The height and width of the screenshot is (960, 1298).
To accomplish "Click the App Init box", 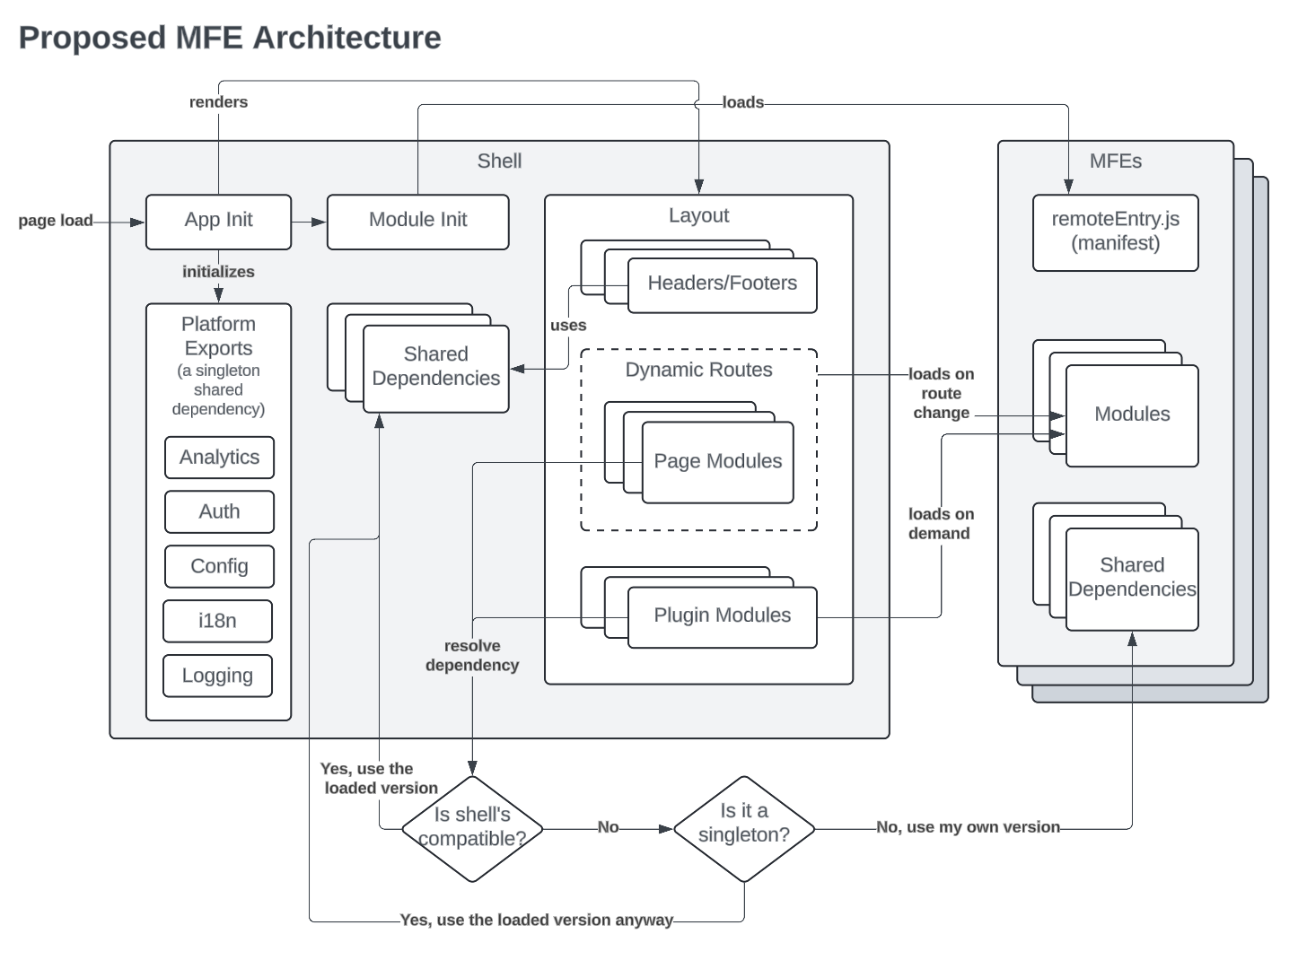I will coord(218,221).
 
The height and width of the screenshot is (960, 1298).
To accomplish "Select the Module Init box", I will coord(417,221).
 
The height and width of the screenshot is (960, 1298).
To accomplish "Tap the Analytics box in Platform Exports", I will coord(219,458).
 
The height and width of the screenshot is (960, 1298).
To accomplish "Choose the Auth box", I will coord(219,511).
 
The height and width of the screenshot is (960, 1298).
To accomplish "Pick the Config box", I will coord(219,566).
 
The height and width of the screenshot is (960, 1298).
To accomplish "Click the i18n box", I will coord(217,621).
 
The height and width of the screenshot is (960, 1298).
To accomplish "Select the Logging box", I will coord(217,676).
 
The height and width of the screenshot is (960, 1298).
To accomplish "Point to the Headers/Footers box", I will coord(722,284).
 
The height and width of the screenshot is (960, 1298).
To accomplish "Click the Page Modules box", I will coord(717,462).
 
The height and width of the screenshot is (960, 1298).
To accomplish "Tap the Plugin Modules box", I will coord(722,616).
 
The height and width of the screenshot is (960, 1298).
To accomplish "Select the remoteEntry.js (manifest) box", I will coord(1115,231).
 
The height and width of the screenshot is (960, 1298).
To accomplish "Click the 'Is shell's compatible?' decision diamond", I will coord(472,828).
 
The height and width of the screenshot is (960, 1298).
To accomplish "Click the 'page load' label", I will coord(56,221).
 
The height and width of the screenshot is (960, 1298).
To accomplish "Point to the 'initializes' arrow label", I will coord(218,272).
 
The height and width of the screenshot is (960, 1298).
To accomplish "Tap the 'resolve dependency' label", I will coord(472,656).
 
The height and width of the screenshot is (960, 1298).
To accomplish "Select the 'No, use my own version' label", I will coord(968,827).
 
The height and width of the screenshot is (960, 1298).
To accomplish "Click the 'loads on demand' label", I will coord(940,524).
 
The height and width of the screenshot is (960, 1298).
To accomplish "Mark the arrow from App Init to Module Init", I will coord(309,222).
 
